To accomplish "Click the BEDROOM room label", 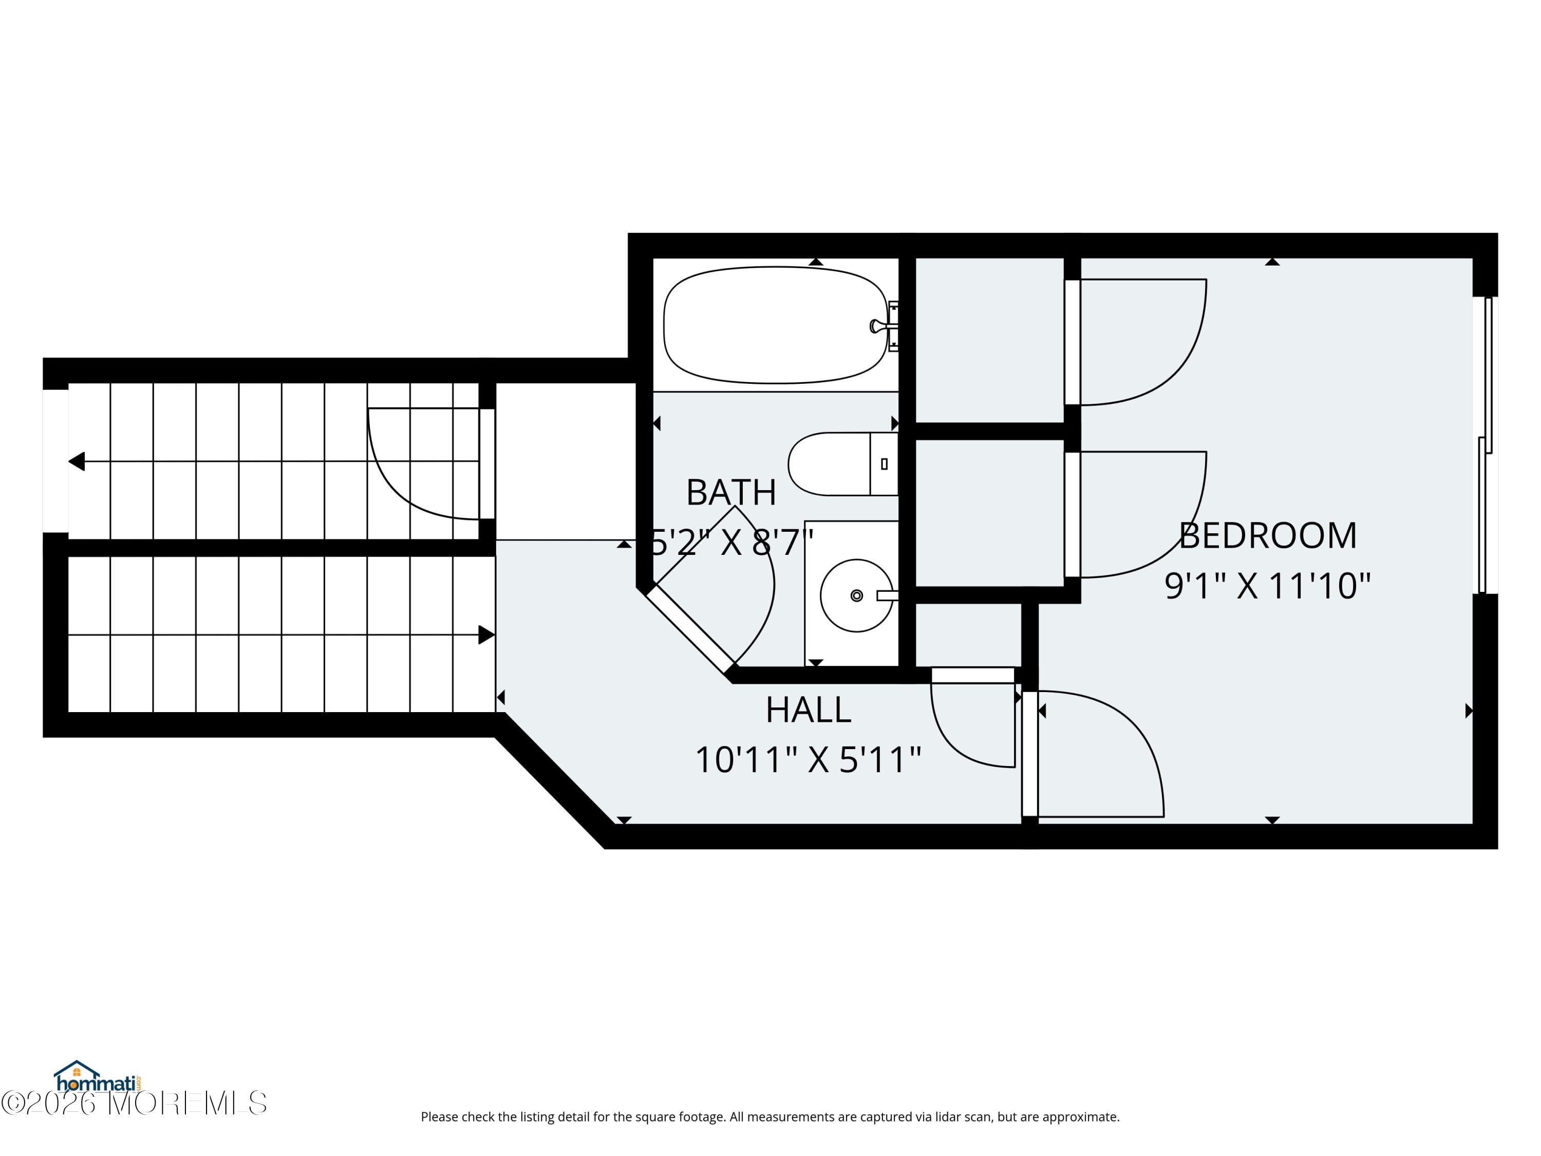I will click(x=1267, y=536).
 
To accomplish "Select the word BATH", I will click(x=731, y=493).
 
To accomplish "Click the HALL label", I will click(x=808, y=710).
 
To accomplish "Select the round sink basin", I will click(x=856, y=595).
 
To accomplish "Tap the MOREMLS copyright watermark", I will click(x=134, y=1103).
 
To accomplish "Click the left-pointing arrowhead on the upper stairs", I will click(x=77, y=461).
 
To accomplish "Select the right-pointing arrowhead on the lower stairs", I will click(x=486, y=635).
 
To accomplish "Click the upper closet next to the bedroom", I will click(x=989, y=340).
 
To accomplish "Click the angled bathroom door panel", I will click(x=690, y=628).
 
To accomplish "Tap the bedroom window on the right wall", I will click(x=1487, y=446).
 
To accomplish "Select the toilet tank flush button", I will click(x=884, y=464).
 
